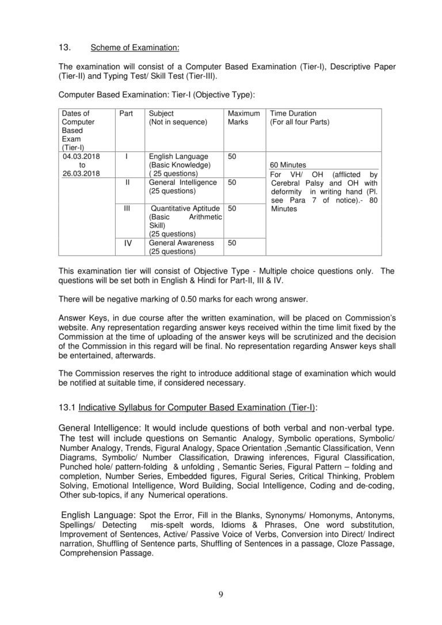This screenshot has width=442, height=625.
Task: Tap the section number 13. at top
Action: [x=64, y=47]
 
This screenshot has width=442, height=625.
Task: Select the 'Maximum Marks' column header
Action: [x=243, y=118]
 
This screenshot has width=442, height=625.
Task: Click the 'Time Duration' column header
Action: [x=293, y=113]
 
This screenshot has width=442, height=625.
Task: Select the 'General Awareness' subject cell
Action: [x=181, y=243]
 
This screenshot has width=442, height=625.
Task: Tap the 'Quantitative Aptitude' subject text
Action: [x=185, y=208]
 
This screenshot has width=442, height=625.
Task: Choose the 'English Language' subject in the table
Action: [x=178, y=156]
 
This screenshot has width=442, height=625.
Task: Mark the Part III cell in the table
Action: [x=128, y=208]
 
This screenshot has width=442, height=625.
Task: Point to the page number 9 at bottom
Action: [x=221, y=594]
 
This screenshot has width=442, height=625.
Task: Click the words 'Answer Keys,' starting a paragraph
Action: [x=79, y=318]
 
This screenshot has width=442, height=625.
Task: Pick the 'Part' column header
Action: [x=125, y=113]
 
